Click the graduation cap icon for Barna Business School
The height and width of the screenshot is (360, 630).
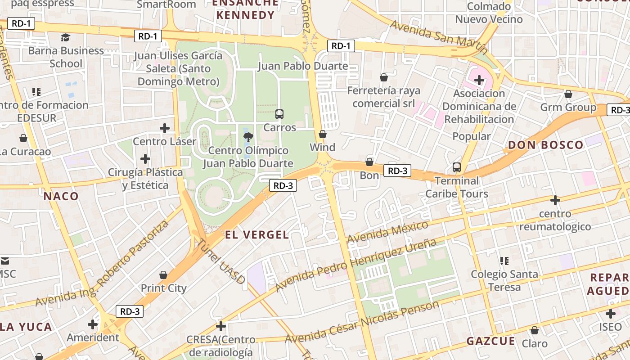point(66,37)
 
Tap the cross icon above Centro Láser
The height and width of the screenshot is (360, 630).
point(165,128)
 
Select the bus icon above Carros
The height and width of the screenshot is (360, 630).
point(279,114)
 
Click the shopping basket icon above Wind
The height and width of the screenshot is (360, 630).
point(322,134)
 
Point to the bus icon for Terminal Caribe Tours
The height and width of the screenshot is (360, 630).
point(457,167)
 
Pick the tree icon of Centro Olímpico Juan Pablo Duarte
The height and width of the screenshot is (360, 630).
point(247,137)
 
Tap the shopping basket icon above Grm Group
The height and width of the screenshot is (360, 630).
point(568,94)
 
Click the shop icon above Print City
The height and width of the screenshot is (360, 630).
point(163,274)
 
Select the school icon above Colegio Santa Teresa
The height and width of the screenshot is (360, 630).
point(504,261)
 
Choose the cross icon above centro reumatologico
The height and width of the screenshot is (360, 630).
point(555,200)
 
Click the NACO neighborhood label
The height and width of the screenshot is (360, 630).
point(61,196)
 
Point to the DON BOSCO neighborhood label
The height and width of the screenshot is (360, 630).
point(545,145)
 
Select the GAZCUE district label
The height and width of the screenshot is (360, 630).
point(490,341)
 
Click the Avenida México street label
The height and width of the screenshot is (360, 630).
point(387,231)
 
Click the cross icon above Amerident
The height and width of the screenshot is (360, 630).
point(93,324)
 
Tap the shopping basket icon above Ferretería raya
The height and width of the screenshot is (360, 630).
point(384,77)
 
